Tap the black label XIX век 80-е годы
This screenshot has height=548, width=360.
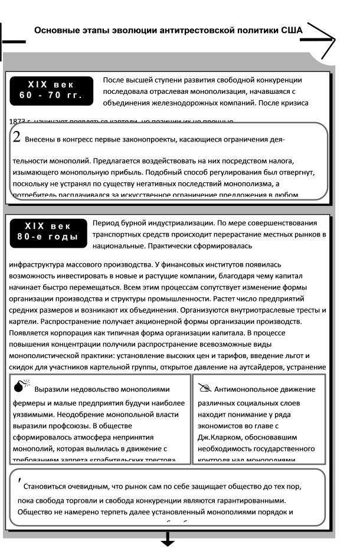pyautogui.click(x=51, y=231)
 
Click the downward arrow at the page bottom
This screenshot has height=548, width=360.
pyautogui.click(x=168, y=539)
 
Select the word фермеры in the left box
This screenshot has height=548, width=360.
pyautogui.click(x=30, y=403)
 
